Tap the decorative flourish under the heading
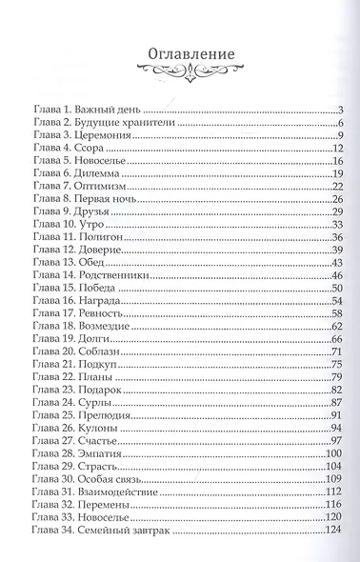point(180,70)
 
